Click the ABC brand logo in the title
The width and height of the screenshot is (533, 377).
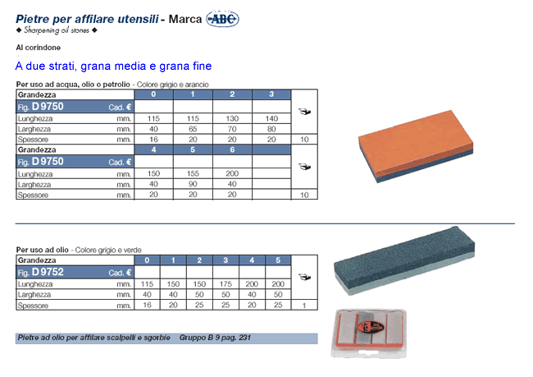point(223,19)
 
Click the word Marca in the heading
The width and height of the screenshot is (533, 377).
point(185,19)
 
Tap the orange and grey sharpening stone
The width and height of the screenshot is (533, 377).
point(416,145)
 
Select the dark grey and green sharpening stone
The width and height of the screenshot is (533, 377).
point(404,260)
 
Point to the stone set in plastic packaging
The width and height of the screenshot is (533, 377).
point(368,333)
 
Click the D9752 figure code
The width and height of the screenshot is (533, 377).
point(48,272)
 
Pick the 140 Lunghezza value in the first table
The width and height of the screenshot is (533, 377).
point(271,118)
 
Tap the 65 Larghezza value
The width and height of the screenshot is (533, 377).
point(193,129)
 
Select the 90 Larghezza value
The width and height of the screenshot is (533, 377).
point(193,184)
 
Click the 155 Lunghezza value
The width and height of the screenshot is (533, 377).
point(193,173)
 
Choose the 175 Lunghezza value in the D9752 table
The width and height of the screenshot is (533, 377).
point(225,284)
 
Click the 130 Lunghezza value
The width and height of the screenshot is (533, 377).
point(232,118)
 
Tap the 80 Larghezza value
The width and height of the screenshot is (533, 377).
point(271,129)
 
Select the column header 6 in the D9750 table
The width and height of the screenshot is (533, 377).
point(232,149)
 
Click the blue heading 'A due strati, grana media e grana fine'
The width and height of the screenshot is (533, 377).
point(113,66)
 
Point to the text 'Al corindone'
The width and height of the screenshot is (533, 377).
point(39,48)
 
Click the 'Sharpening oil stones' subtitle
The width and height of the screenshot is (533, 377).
point(57,30)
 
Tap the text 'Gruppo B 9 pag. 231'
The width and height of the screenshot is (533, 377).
point(215,338)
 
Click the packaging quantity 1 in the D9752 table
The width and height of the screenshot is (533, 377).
point(304,306)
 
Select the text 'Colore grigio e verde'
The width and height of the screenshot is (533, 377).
point(108,250)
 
